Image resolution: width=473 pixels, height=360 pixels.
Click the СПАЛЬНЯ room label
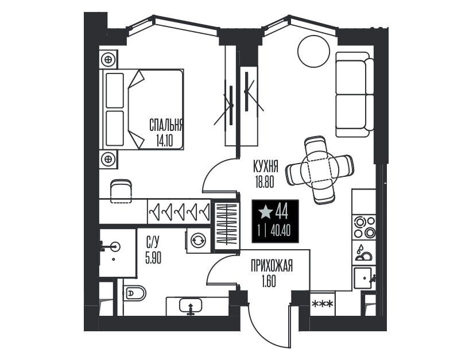(166, 125)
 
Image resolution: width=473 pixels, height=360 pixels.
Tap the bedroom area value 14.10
(165, 140)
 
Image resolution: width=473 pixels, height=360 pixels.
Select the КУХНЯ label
(265, 167)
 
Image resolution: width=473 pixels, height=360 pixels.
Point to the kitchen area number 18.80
(265, 182)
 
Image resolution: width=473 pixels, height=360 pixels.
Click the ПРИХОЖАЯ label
(272, 266)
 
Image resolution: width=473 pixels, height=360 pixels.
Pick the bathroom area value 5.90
(153, 258)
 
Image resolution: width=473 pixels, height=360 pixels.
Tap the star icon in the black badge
(265, 212)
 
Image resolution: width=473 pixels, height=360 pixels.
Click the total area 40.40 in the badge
(281, 231)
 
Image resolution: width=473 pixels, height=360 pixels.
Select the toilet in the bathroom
(135, 293)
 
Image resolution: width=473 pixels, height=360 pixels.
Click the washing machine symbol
(197, 241)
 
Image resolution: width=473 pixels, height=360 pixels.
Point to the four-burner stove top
(365, 227)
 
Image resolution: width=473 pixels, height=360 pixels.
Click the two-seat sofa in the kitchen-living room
(354, 95)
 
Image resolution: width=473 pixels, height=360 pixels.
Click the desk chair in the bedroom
(121, 191)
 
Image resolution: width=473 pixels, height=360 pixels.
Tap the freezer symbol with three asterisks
(323, 304)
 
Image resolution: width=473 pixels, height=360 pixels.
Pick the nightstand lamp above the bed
(108, 59)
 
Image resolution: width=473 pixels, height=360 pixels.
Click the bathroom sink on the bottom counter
(191, 305)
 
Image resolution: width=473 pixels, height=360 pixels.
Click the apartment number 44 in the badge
(282, 212)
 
